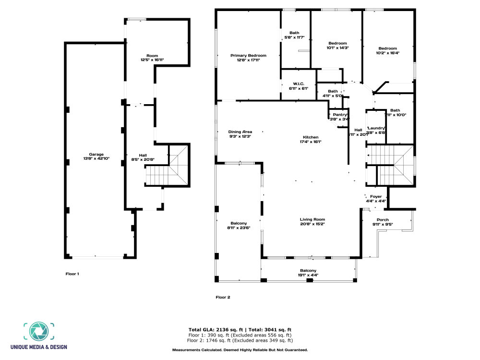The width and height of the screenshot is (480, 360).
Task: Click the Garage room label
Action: coord(96,156)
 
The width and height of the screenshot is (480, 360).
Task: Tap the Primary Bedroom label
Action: coord(248,58)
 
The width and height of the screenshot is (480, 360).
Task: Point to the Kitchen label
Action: coord(311,139)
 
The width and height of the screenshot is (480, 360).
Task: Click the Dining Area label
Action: coord(240,134)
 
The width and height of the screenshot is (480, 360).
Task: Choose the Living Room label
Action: coord(312,221)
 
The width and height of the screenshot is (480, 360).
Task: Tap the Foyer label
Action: coord(376,199)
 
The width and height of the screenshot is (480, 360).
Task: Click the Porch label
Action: coord(383,222)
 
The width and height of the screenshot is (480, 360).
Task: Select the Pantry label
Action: coord(340,117)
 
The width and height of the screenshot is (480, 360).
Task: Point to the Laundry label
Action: coord(377,130)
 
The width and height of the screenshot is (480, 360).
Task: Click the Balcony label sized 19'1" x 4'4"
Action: coord(308,273)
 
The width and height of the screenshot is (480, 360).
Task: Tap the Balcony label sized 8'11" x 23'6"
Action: coord(239,225)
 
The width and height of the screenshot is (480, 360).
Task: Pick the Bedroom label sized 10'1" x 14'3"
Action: coord(337,45)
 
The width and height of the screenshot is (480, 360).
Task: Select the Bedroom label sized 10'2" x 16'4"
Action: coord(387,50)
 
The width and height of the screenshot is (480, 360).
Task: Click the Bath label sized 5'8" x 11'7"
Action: coord(294,35)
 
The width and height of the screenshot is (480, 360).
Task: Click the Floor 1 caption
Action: coord(72,274)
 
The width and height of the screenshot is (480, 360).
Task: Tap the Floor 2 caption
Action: coord(223,297)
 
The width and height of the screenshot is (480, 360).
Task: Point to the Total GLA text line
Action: coord(240,329)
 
